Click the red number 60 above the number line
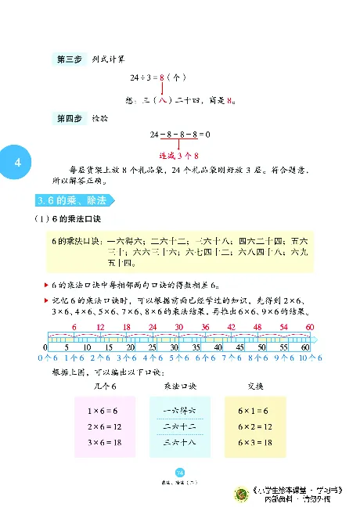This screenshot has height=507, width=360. pos(309,327)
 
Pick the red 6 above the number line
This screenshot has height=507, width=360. pos(74,327)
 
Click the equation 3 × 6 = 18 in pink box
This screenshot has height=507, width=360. pos(100,443)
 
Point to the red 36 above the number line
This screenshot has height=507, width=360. pos(206,327)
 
